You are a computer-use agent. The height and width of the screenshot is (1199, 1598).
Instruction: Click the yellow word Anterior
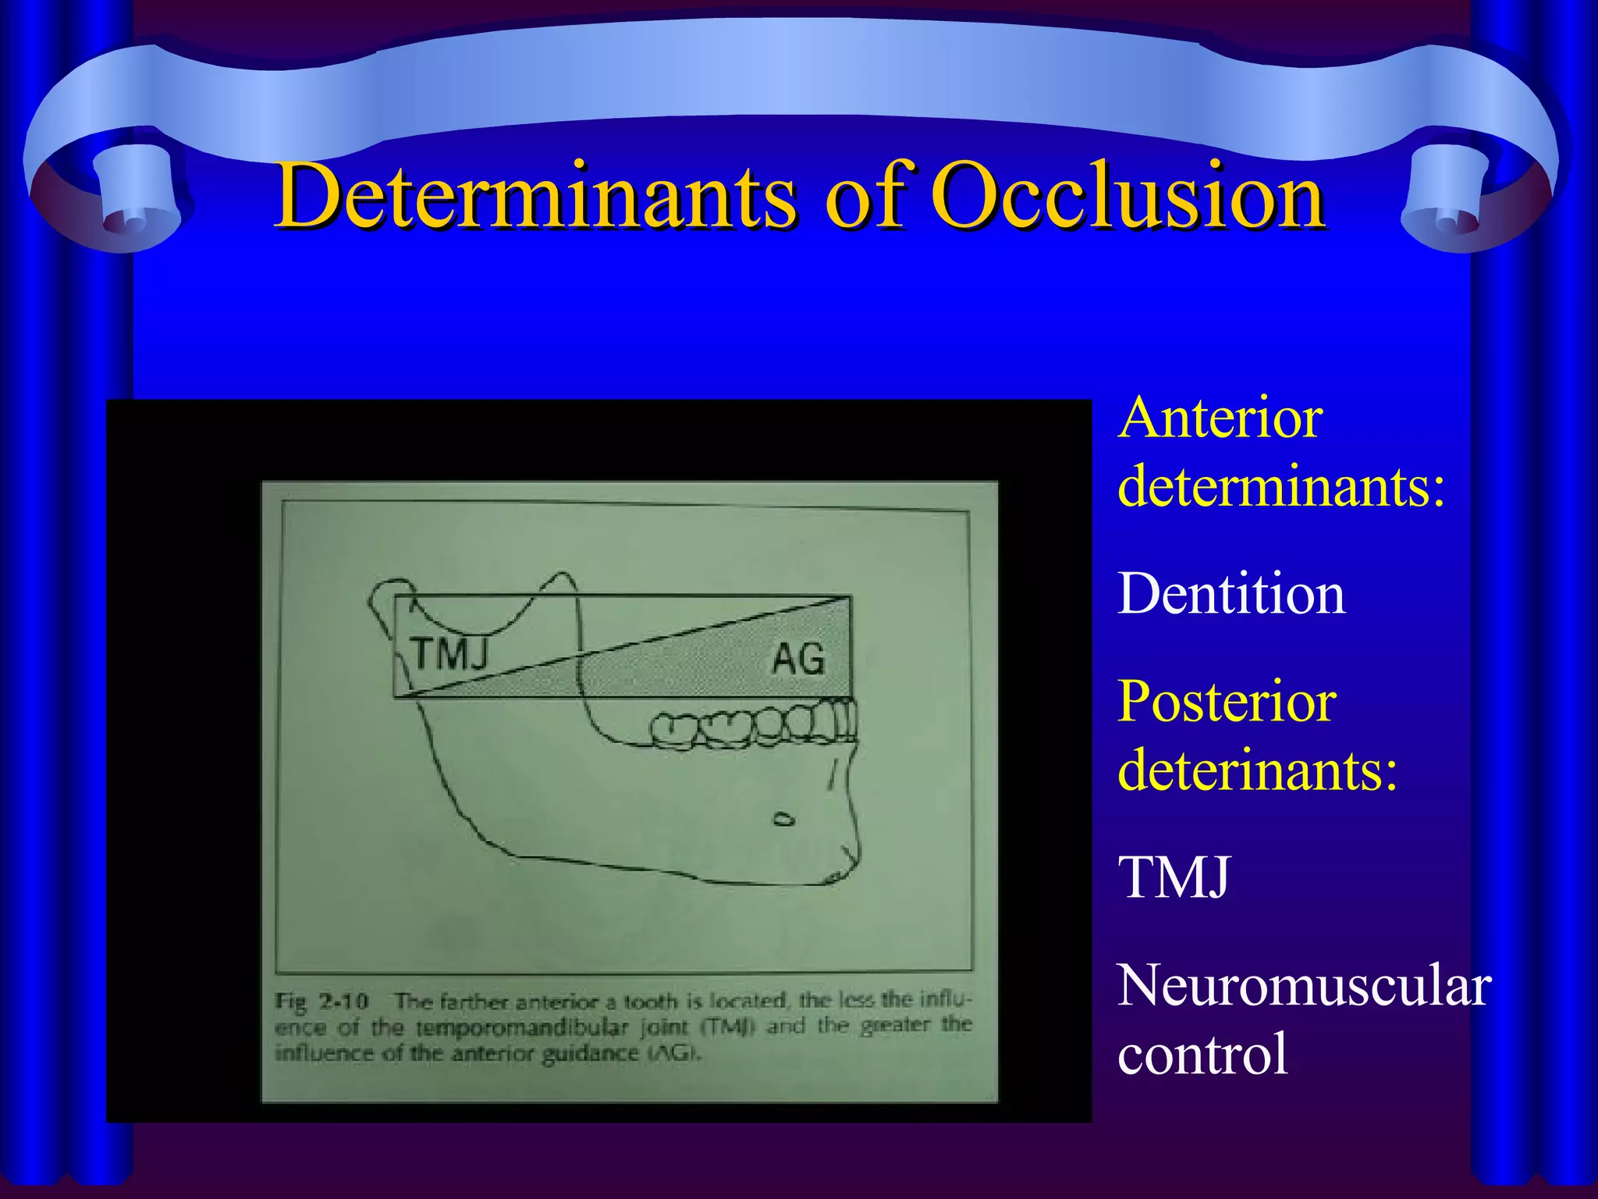coord(1220,418)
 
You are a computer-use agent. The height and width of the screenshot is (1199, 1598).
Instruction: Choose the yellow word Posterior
coord(1227,701)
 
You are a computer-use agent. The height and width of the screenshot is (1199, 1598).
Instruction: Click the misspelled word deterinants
coord(1257,770)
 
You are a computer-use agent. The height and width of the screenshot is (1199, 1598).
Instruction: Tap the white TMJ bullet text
coord(1174,877)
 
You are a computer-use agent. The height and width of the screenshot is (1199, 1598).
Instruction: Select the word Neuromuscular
coord(1304,985)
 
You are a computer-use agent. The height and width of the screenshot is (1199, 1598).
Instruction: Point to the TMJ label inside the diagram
coord(450,654)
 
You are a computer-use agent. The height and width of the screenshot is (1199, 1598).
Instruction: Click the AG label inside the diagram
coord(798,660)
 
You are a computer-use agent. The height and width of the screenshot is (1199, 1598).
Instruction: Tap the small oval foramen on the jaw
coord(783,820)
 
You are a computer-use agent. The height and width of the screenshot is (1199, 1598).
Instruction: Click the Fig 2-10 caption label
coord(321,1002)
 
